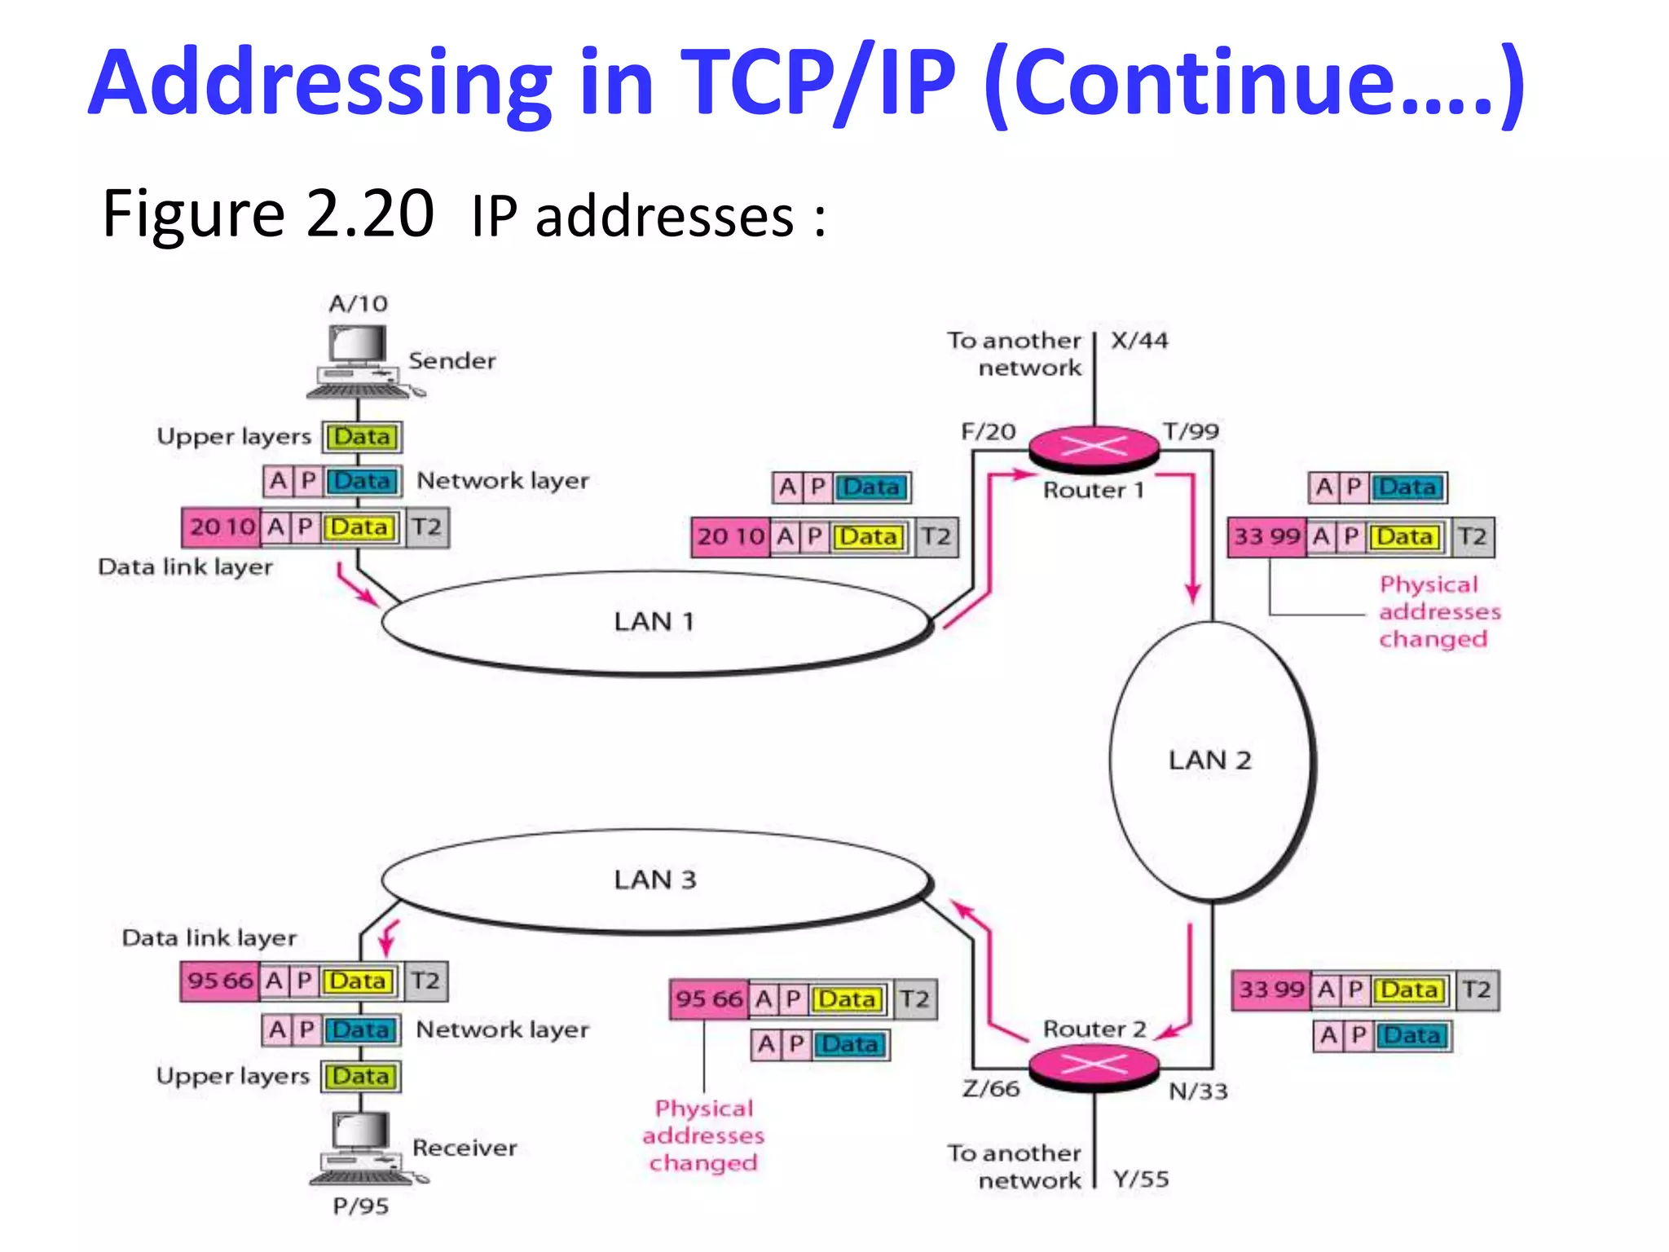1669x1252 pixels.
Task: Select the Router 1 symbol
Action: (1094, 447)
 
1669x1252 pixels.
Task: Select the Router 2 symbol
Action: (1094, 1065)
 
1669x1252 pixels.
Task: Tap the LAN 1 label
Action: (654, 622)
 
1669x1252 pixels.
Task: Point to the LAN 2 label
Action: (1209, 760)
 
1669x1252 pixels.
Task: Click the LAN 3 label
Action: (655, 879)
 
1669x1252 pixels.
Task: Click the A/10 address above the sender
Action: (359, 304)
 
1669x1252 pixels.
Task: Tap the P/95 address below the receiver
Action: (360, 1206)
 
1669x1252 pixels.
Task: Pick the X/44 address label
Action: (1139, 341)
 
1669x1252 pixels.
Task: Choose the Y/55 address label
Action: (1141, 1179)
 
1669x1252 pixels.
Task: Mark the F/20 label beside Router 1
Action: (989, 431)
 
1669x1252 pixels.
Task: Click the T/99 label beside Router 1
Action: (1191, 431)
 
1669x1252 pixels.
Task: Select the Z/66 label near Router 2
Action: (991, 1088)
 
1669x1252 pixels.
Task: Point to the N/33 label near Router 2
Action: (1198, 1091)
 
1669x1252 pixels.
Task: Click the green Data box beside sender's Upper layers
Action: (362, 437)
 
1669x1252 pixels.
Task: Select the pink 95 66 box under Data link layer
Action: (220, 981)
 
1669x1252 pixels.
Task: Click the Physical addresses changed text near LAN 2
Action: (1439, 611)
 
